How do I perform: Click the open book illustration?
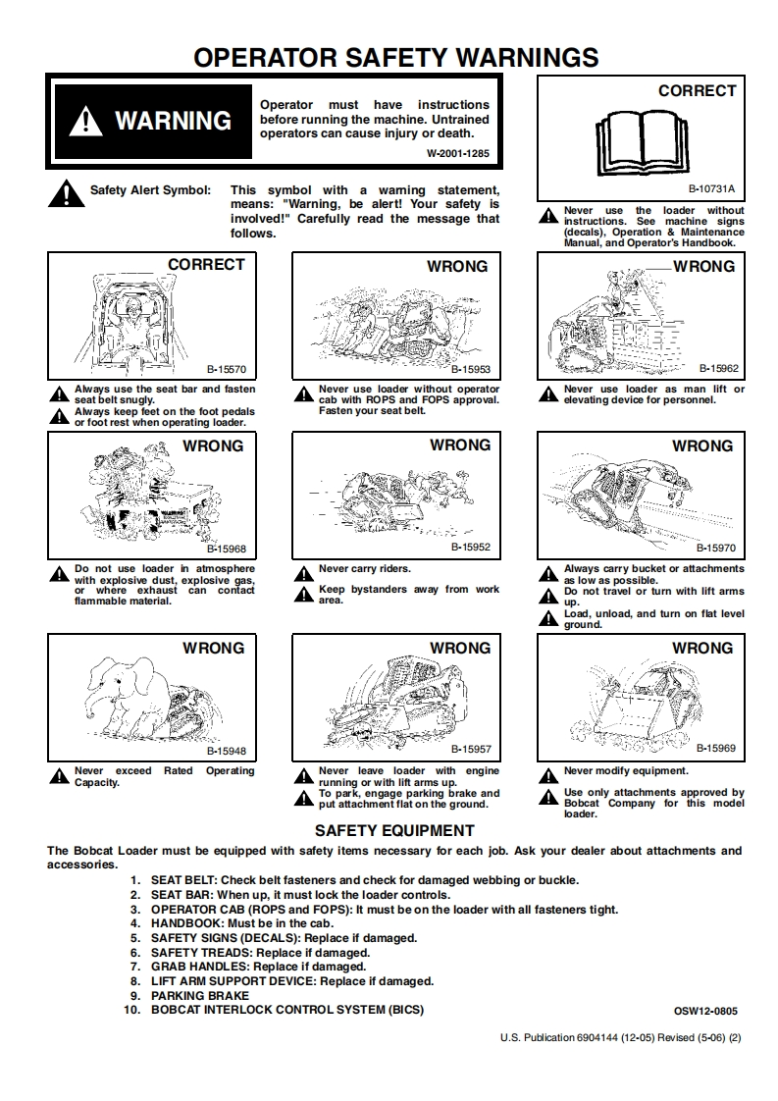(641, 142)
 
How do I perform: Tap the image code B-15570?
(226, 370)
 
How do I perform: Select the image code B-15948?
(226, 751)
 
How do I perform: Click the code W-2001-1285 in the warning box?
(457, 154)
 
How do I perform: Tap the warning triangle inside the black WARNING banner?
(87, 122)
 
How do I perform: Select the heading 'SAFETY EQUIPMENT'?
(394, 830)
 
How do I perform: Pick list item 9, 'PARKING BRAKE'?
(200, 995)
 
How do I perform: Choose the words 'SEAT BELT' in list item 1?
(181, 880)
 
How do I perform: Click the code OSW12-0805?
(705, 1011)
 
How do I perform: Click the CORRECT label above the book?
(697, 91)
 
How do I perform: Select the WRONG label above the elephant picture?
(213, 649)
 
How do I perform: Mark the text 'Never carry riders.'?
(365, 569)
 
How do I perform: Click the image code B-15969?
(716, 748)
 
